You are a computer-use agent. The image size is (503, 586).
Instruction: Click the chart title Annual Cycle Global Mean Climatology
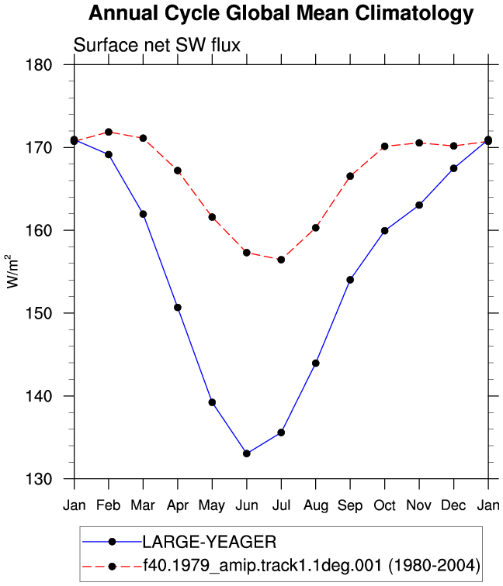[281, 13]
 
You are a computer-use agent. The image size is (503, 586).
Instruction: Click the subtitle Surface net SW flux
[157, 45]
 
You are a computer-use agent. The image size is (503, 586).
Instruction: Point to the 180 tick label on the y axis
[39, 64]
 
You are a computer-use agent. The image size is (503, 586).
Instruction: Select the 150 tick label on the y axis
[39, 313]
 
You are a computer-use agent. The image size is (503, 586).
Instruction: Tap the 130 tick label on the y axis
[39, 479]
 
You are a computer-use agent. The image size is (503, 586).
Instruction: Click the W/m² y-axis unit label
[12, 271]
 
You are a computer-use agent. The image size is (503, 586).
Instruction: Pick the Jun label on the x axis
[247, 505]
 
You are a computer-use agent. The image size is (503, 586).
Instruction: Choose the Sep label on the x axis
[350, 505]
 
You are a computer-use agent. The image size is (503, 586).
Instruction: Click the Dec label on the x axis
[453, 505]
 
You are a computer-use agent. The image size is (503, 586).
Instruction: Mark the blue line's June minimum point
[247, 453]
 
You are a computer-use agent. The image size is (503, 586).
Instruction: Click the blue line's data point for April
[178, 308]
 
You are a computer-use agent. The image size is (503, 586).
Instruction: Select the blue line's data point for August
[316, 364]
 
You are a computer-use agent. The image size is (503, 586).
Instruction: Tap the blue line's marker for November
[419, 205]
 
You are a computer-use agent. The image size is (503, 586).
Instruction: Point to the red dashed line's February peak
[109, 132]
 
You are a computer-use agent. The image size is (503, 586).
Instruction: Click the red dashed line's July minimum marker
[281, 260]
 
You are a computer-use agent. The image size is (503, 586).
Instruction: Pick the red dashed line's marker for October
[385, 146]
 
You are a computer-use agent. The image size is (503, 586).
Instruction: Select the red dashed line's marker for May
[212, 217]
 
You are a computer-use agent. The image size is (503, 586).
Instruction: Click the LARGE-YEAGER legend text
[210, 542]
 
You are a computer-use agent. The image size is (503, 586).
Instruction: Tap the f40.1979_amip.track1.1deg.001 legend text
[263, 565]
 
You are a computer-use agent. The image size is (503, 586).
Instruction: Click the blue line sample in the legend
[112, 542]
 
